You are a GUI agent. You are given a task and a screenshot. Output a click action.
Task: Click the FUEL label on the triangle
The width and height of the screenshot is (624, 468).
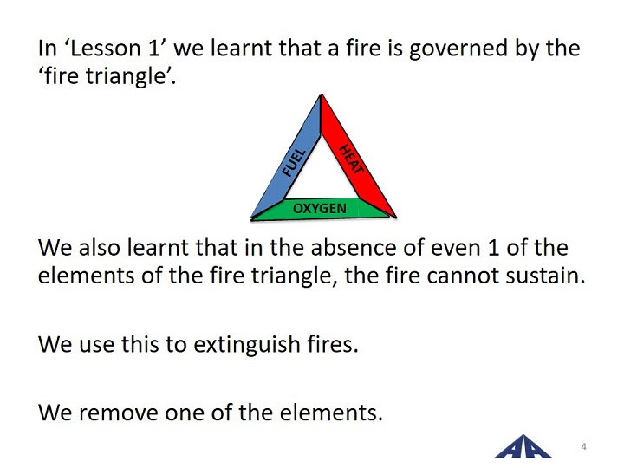(294, 162)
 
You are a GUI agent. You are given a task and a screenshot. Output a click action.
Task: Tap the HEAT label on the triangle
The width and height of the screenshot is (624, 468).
(351, 159)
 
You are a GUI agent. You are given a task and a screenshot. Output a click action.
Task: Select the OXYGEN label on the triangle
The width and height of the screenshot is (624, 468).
(320, 208)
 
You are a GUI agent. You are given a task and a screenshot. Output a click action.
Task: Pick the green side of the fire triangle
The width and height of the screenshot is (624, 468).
(321, 210)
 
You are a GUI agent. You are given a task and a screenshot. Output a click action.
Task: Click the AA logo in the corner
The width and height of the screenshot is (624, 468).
(523, 446)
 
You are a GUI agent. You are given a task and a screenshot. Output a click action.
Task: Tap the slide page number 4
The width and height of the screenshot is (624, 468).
(583, 446)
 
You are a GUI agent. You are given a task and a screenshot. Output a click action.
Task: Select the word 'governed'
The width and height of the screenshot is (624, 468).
(458, 49)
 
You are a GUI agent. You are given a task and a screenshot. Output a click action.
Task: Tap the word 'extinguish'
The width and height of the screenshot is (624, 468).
(247, 345)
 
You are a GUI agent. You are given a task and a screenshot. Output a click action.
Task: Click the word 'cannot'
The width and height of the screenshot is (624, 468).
(463, 276)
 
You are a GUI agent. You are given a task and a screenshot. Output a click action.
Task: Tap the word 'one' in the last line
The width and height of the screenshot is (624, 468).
(185, 413)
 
